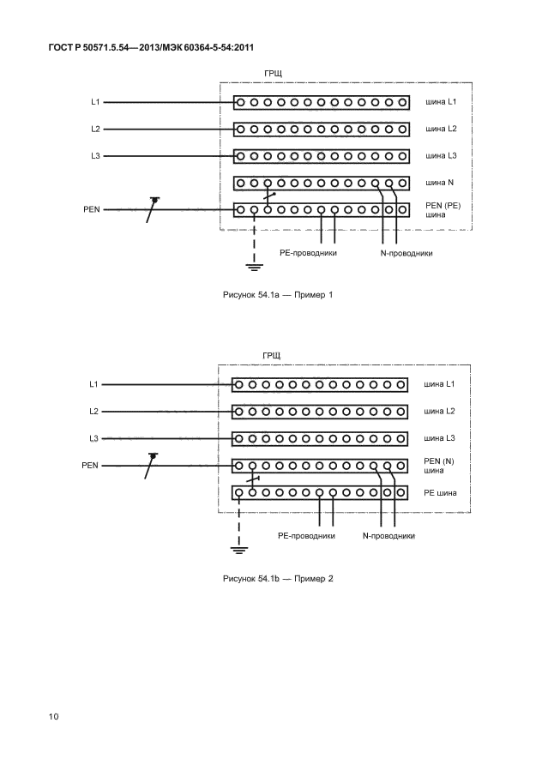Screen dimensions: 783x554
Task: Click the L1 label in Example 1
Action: [x=95, y=102]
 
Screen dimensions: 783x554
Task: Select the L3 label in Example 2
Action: [x=95, y=438]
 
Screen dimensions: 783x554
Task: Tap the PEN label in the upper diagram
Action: [x=92, y=208]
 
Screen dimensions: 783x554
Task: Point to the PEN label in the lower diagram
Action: [x=91, y=466]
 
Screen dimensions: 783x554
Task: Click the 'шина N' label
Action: [x=441, y=183]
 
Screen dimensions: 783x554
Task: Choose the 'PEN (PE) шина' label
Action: [x=443, y=210]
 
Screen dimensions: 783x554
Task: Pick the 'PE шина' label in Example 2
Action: [x=441, y=493]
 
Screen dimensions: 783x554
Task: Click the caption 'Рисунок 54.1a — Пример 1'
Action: [x=277, y=295]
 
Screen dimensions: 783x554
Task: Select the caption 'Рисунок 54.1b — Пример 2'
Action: [x=277, y=578]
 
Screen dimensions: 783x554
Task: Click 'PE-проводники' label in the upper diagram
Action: [x=307, y=253]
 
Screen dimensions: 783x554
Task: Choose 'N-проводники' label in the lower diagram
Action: [x=388, y=536]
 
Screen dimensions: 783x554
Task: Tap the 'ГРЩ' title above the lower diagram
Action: [x=272, y=355]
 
